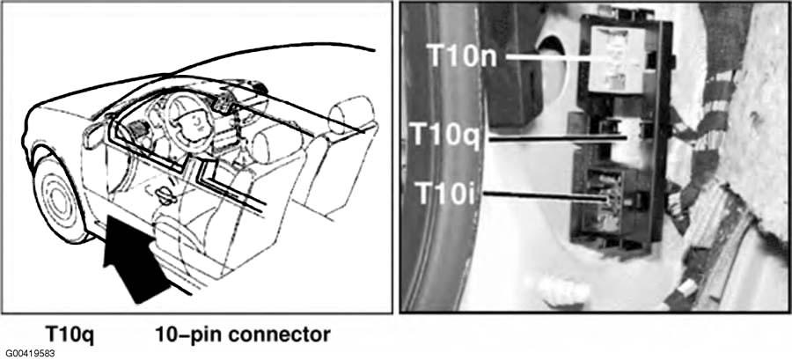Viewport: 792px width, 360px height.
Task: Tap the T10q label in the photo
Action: coord(445,135)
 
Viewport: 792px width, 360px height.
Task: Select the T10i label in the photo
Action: coord(444,192)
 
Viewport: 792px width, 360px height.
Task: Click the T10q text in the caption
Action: coord(70,335)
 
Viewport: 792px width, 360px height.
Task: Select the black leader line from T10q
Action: coord(558,137)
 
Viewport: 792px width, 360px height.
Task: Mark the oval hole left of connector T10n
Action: coord(553,66)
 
